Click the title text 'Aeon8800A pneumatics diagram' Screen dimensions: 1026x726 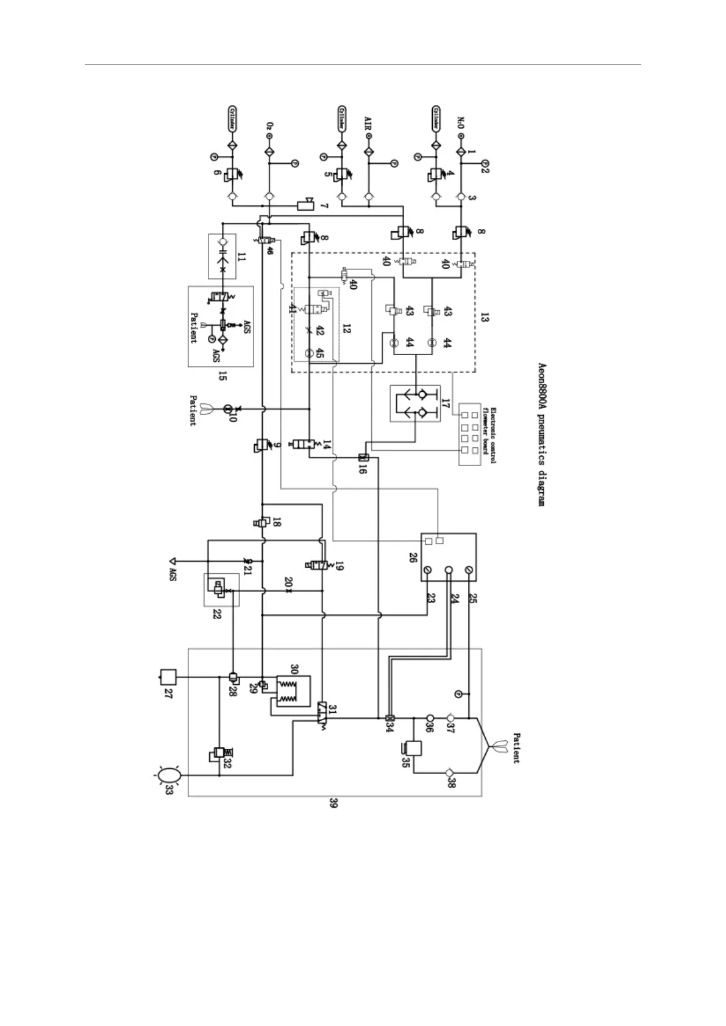540,434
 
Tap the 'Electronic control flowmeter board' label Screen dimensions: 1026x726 489,434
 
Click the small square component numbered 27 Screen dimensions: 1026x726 168,676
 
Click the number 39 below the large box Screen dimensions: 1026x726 333,804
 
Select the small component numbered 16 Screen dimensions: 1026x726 364,458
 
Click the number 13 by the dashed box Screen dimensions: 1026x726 485,317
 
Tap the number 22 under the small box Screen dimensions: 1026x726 217,614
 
